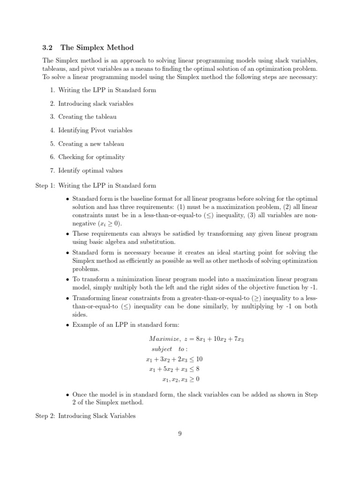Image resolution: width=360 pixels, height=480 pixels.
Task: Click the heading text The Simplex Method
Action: [97, 47]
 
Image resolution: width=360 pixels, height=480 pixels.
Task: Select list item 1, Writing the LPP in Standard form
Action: [107, 90]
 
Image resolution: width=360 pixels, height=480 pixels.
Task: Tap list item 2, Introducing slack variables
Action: [96, 103]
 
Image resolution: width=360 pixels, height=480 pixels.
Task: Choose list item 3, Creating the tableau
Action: [87, 117]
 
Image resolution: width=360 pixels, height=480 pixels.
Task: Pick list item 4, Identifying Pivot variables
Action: [95, 130]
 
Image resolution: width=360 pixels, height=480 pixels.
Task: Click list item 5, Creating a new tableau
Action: [91, 143]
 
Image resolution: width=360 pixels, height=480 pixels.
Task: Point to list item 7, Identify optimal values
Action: [90, 170]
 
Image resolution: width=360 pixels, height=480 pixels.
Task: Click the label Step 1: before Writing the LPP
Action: [45, 186]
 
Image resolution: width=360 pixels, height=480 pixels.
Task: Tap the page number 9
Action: [180, 433]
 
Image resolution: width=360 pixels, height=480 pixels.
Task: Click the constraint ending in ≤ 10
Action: [174, 360]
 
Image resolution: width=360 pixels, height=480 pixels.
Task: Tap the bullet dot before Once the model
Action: [68, 395]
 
